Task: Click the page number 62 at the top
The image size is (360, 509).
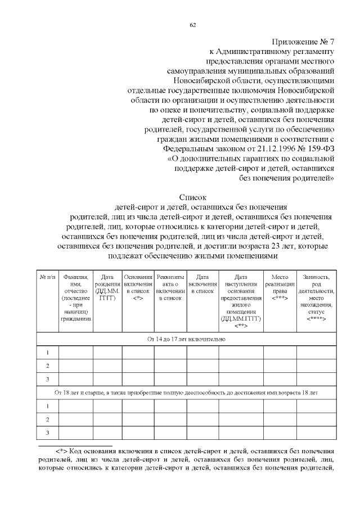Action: [x=192, y=25]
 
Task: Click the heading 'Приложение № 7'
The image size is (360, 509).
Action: [x=304, y=42]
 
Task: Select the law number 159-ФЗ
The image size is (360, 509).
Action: [x=318, y=150]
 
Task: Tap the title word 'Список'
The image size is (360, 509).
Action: [x=193, y=197]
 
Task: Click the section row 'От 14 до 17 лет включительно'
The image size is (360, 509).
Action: [x=186, y=339]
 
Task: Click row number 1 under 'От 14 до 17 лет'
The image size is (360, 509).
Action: [x=47, y=353]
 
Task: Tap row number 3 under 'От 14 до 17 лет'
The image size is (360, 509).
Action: [x=47, y=379]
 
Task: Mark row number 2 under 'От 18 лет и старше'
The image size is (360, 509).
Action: [x=47, y=419]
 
